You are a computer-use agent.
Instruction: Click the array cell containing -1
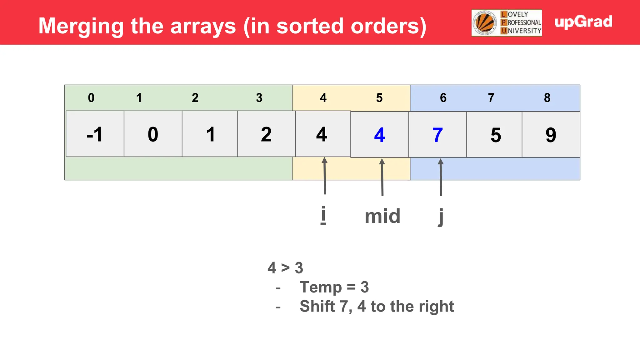[x=95, y=134]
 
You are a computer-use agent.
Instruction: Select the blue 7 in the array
[x=437, y=135]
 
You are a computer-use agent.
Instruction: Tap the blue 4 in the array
[x=379, y=135]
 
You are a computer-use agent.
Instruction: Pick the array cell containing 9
[x=551, y=135]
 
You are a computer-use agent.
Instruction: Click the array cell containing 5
[x=496, y=135]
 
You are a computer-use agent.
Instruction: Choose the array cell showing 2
[x=266, y=134]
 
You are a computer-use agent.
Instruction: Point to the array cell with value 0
[x=153, y=134]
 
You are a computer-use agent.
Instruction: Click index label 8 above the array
[x=547, y=98]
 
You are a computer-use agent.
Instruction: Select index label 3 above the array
[x=259, y=98]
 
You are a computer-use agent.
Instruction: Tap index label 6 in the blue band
[x=443, y=98]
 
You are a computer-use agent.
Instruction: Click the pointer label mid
[x=382, y=216]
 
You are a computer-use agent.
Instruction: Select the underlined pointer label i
[x=323, y=215]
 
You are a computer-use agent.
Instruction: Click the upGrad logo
[x=583, y=22]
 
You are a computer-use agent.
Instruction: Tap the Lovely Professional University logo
[x=507, y=23]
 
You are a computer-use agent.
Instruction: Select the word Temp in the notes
[x=321, y=287]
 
